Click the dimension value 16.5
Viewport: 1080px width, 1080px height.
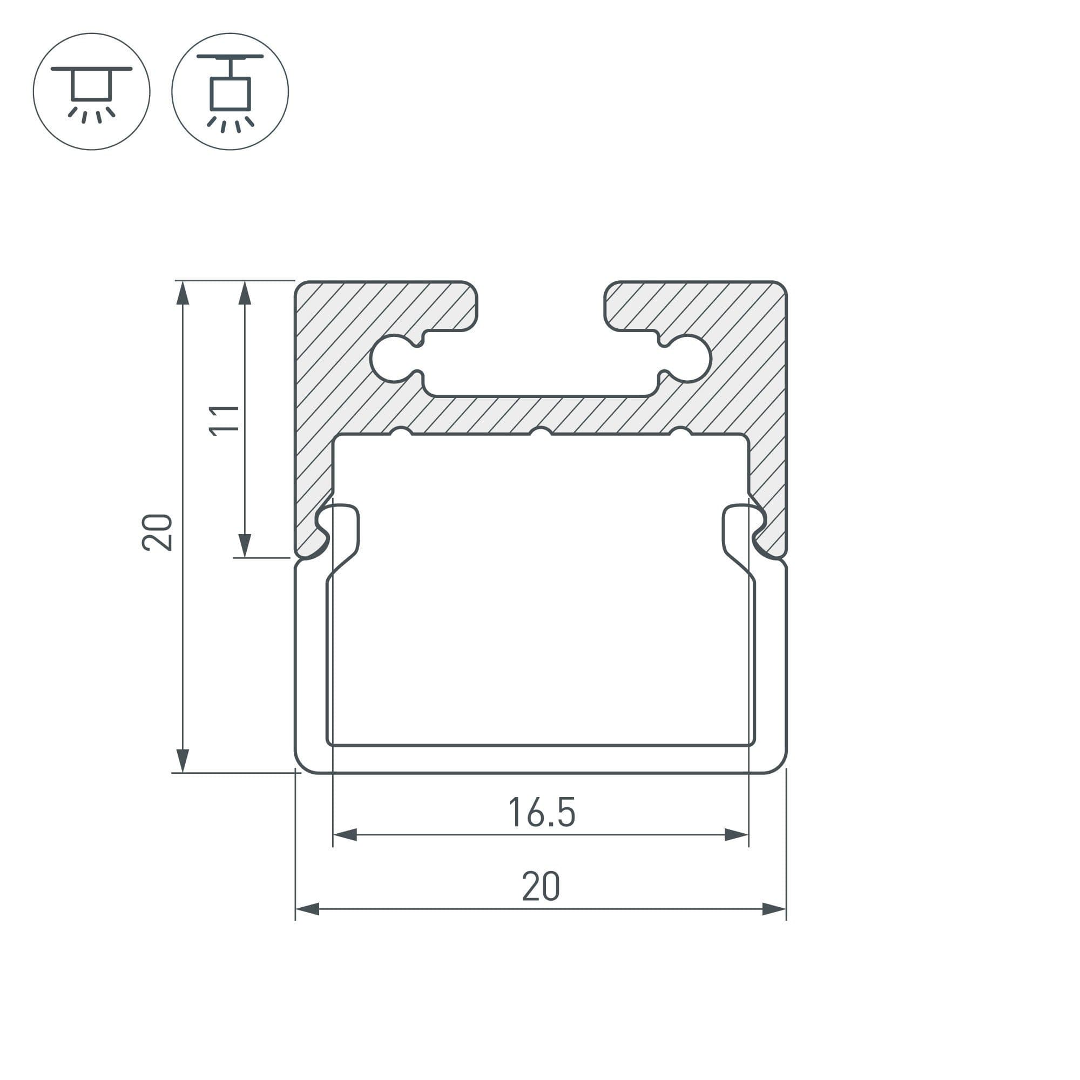click(542, 813)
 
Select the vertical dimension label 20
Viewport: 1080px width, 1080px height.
click(157, 532)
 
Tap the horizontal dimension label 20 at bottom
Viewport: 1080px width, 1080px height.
click(541, 886)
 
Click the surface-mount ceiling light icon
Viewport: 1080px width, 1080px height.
click(92, 92)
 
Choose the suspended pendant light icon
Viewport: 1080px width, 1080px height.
click(231, 92)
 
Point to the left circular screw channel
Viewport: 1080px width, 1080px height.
click(394, 359)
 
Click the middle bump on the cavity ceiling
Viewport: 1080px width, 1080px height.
click(541, 431)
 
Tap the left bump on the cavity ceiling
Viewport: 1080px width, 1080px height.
click(401, 431)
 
